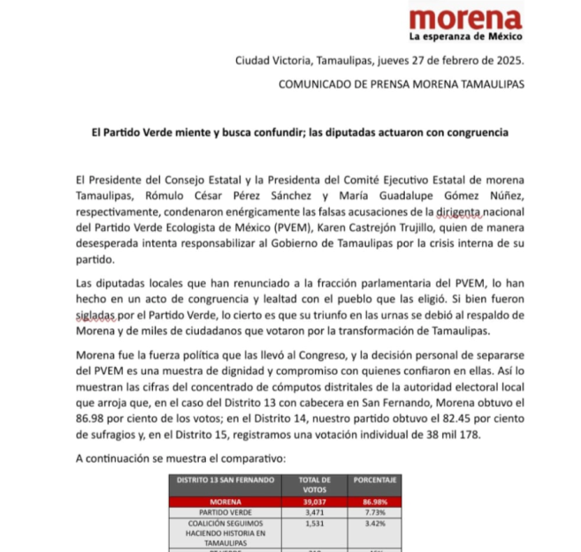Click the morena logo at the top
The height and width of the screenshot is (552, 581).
(465, 19)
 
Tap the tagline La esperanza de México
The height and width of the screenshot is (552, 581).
(465, 37)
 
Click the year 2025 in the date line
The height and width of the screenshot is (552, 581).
(508, 61)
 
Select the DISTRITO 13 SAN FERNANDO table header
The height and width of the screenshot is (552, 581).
(221, 481)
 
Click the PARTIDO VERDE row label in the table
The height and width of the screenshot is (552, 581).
(221, 512)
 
